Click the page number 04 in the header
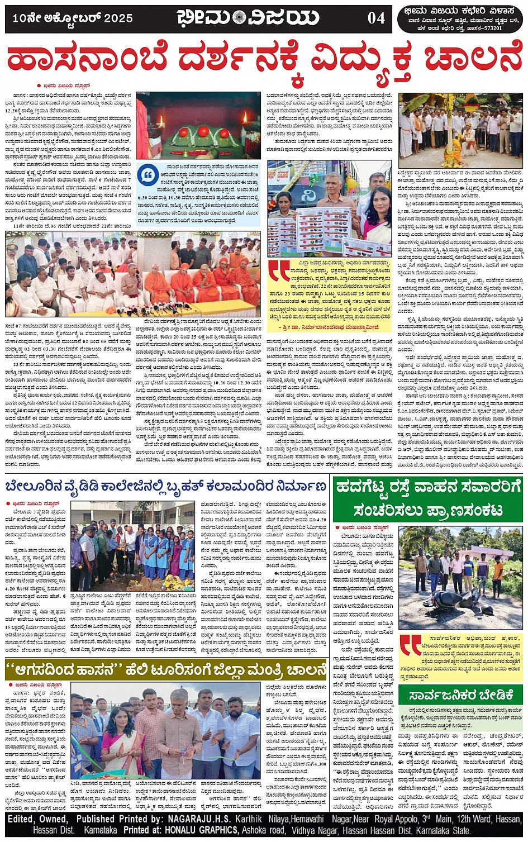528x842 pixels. click(376, 18)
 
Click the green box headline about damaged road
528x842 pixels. click(427, 498)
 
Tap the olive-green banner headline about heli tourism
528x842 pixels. click(165, 670)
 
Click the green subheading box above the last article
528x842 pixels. click(461, 696)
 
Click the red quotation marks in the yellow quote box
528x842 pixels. click(279, 270)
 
